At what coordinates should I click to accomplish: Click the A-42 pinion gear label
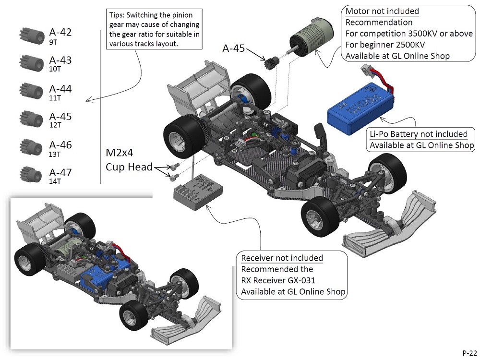click(60, 33)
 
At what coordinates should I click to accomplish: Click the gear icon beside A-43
click(30, 62)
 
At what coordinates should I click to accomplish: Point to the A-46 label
click(60, 145)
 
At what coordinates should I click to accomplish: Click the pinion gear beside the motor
click(272, 62)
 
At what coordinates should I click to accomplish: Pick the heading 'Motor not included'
click(382, 11)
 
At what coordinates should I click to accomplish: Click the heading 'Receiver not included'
click(282, 258)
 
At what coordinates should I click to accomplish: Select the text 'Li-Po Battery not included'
click(419, 134)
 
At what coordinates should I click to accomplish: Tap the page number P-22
click(469, 352)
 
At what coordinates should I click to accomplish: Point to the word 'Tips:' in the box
click(119, 16)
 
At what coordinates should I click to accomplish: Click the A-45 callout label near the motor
click(234, 48)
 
